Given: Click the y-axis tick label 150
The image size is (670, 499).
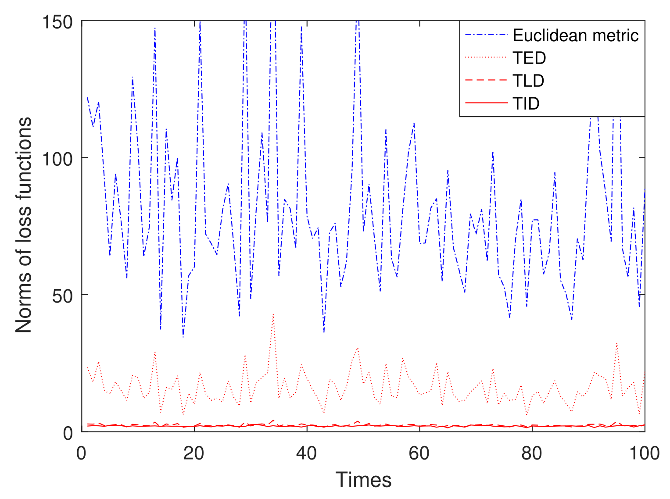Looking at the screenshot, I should [57, 21].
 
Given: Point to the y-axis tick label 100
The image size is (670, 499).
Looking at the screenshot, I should [57, 158].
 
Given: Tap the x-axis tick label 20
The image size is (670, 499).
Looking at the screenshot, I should [193, 453].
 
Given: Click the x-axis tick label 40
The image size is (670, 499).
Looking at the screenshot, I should [306, 453].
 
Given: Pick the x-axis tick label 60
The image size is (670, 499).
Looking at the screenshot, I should [419, 453].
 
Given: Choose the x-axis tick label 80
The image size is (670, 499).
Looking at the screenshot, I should [532, 453].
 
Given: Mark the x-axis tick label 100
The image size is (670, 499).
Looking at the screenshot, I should [644, 453].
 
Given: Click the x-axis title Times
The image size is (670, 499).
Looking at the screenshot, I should [363, 480].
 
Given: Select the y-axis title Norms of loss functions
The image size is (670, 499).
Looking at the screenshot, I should [24, 225].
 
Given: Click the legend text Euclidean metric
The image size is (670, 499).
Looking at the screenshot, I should [576, 36].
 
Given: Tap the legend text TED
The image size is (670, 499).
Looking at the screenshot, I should [529, 58].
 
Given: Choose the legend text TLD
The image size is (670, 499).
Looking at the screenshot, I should [528, 81].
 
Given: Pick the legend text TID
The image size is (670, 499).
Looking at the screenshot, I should [526, 104].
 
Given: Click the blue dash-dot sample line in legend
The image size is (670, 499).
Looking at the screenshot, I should [486, 36].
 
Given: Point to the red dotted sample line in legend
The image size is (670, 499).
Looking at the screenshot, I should [486, 58].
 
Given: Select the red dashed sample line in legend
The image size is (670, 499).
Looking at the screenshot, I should [486, 81].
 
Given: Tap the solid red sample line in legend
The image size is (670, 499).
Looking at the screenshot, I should [486, 104].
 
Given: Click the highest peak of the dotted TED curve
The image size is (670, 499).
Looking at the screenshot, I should [273, 314].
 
